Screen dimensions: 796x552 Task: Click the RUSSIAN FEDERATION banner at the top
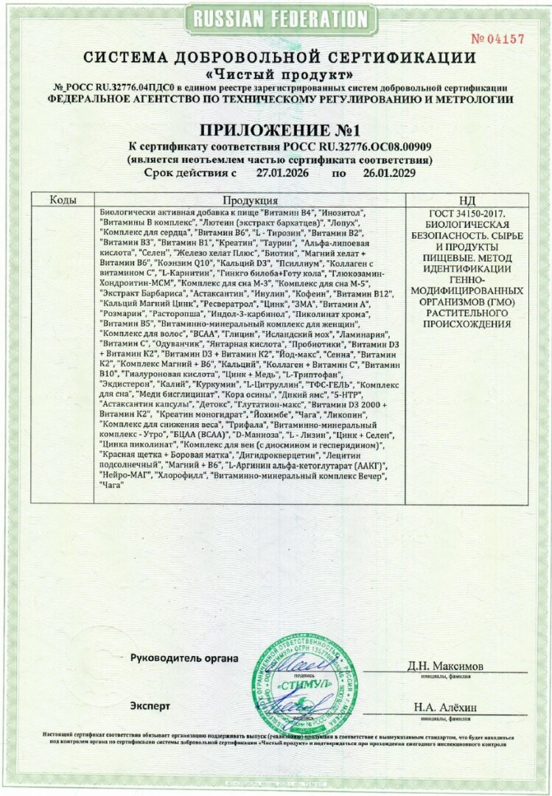point(276,18)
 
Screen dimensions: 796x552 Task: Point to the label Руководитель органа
point(184,658)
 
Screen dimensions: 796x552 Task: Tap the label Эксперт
point(150,705)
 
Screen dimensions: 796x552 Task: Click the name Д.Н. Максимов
point(446,666)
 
